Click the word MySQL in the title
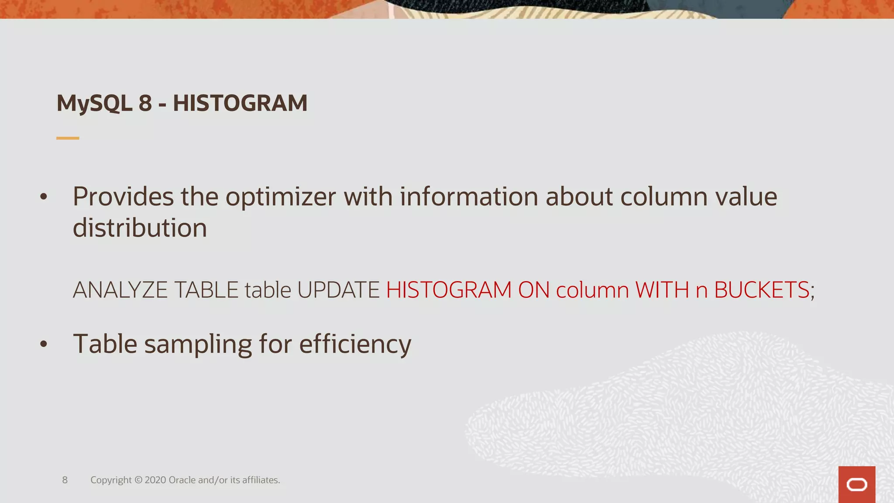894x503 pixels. (x=94, y=104)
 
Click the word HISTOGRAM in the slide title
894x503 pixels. (x=240, y=103)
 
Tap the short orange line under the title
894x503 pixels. (x=68, y=138)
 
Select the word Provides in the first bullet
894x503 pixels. (x=123, y=197)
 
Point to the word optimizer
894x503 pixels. (x=281, y=197)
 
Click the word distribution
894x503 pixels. (x=140, y=228)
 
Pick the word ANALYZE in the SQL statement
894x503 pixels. (x=120, y=290)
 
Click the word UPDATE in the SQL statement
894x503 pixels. (x=338, y=290)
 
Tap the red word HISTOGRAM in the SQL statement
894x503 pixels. (x=449, y=290)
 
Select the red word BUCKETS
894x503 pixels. (x=762, y=290)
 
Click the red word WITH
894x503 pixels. (x=662, y=290)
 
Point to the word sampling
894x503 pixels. (x=198, y=345)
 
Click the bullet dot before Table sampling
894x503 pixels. (x=43, y=345)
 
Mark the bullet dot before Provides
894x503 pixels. (x=43, y=197)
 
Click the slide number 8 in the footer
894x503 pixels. (x=65, y=480)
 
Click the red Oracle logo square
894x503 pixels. (x=856, y=485)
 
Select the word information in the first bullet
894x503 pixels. (x=469, y=197)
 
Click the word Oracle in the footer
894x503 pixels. (x=182, y=480)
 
